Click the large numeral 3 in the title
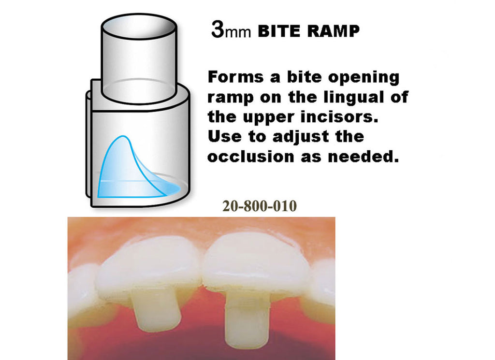[218, 29]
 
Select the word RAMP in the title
[334, 31]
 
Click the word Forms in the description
[235, 77]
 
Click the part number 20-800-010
[260, 206]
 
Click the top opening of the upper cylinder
[139, 26]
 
